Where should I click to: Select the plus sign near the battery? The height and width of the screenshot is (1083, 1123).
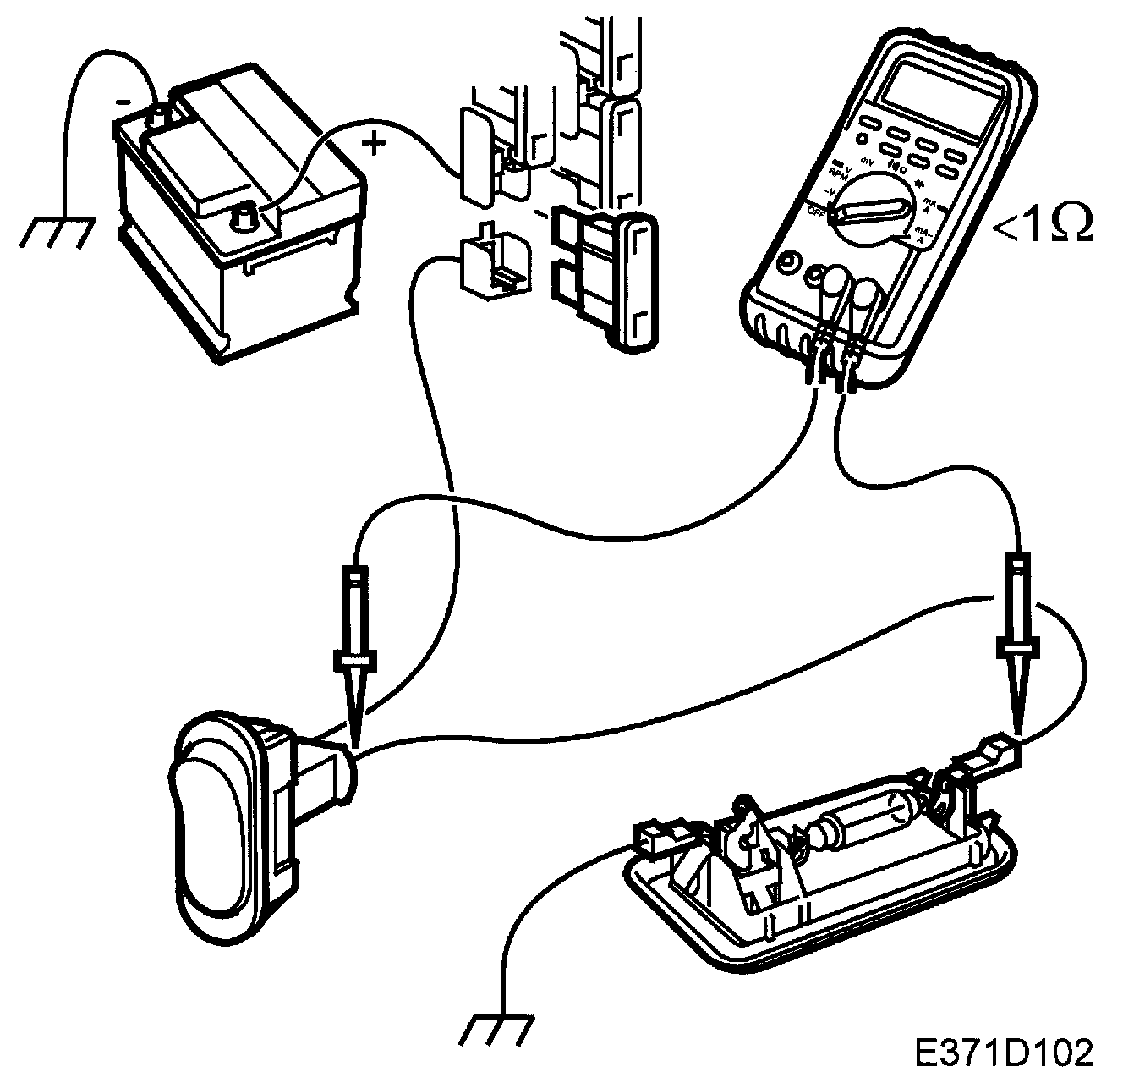pyautogui.click(x=373, y=143)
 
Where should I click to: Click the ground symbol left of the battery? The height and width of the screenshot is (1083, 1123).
pyautogui.click(x=56, y=231)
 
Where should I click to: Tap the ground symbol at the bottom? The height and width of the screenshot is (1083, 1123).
pyautogui.click(x=498, y=1030)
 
